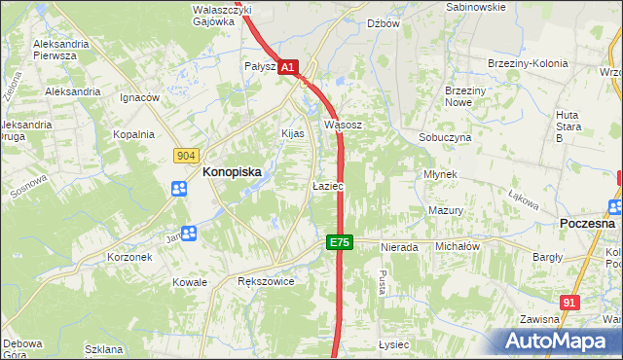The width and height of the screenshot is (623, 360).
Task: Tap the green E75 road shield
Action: coord(339,242)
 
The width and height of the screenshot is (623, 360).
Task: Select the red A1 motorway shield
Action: coord(287,67)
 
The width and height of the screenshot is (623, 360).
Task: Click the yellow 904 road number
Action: coord(187,155)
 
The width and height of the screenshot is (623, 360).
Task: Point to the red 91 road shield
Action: coord(570,303)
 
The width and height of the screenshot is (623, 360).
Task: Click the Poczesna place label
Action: coord(587,223)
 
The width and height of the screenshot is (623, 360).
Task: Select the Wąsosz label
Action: coord(343,125)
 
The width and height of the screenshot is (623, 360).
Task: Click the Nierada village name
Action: coord(399,247)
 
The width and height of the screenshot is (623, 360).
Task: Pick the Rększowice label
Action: coord(266,280)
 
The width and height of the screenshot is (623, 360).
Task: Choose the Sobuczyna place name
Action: coord(445,138)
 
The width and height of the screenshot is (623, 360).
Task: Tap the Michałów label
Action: coord(458,247)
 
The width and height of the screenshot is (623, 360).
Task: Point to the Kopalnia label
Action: coord(133,134)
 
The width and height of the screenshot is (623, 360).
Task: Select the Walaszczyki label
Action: coord(222,9)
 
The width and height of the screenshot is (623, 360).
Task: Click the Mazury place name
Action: coord(445,210)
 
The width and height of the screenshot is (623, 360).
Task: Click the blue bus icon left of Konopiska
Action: coord(180,189)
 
